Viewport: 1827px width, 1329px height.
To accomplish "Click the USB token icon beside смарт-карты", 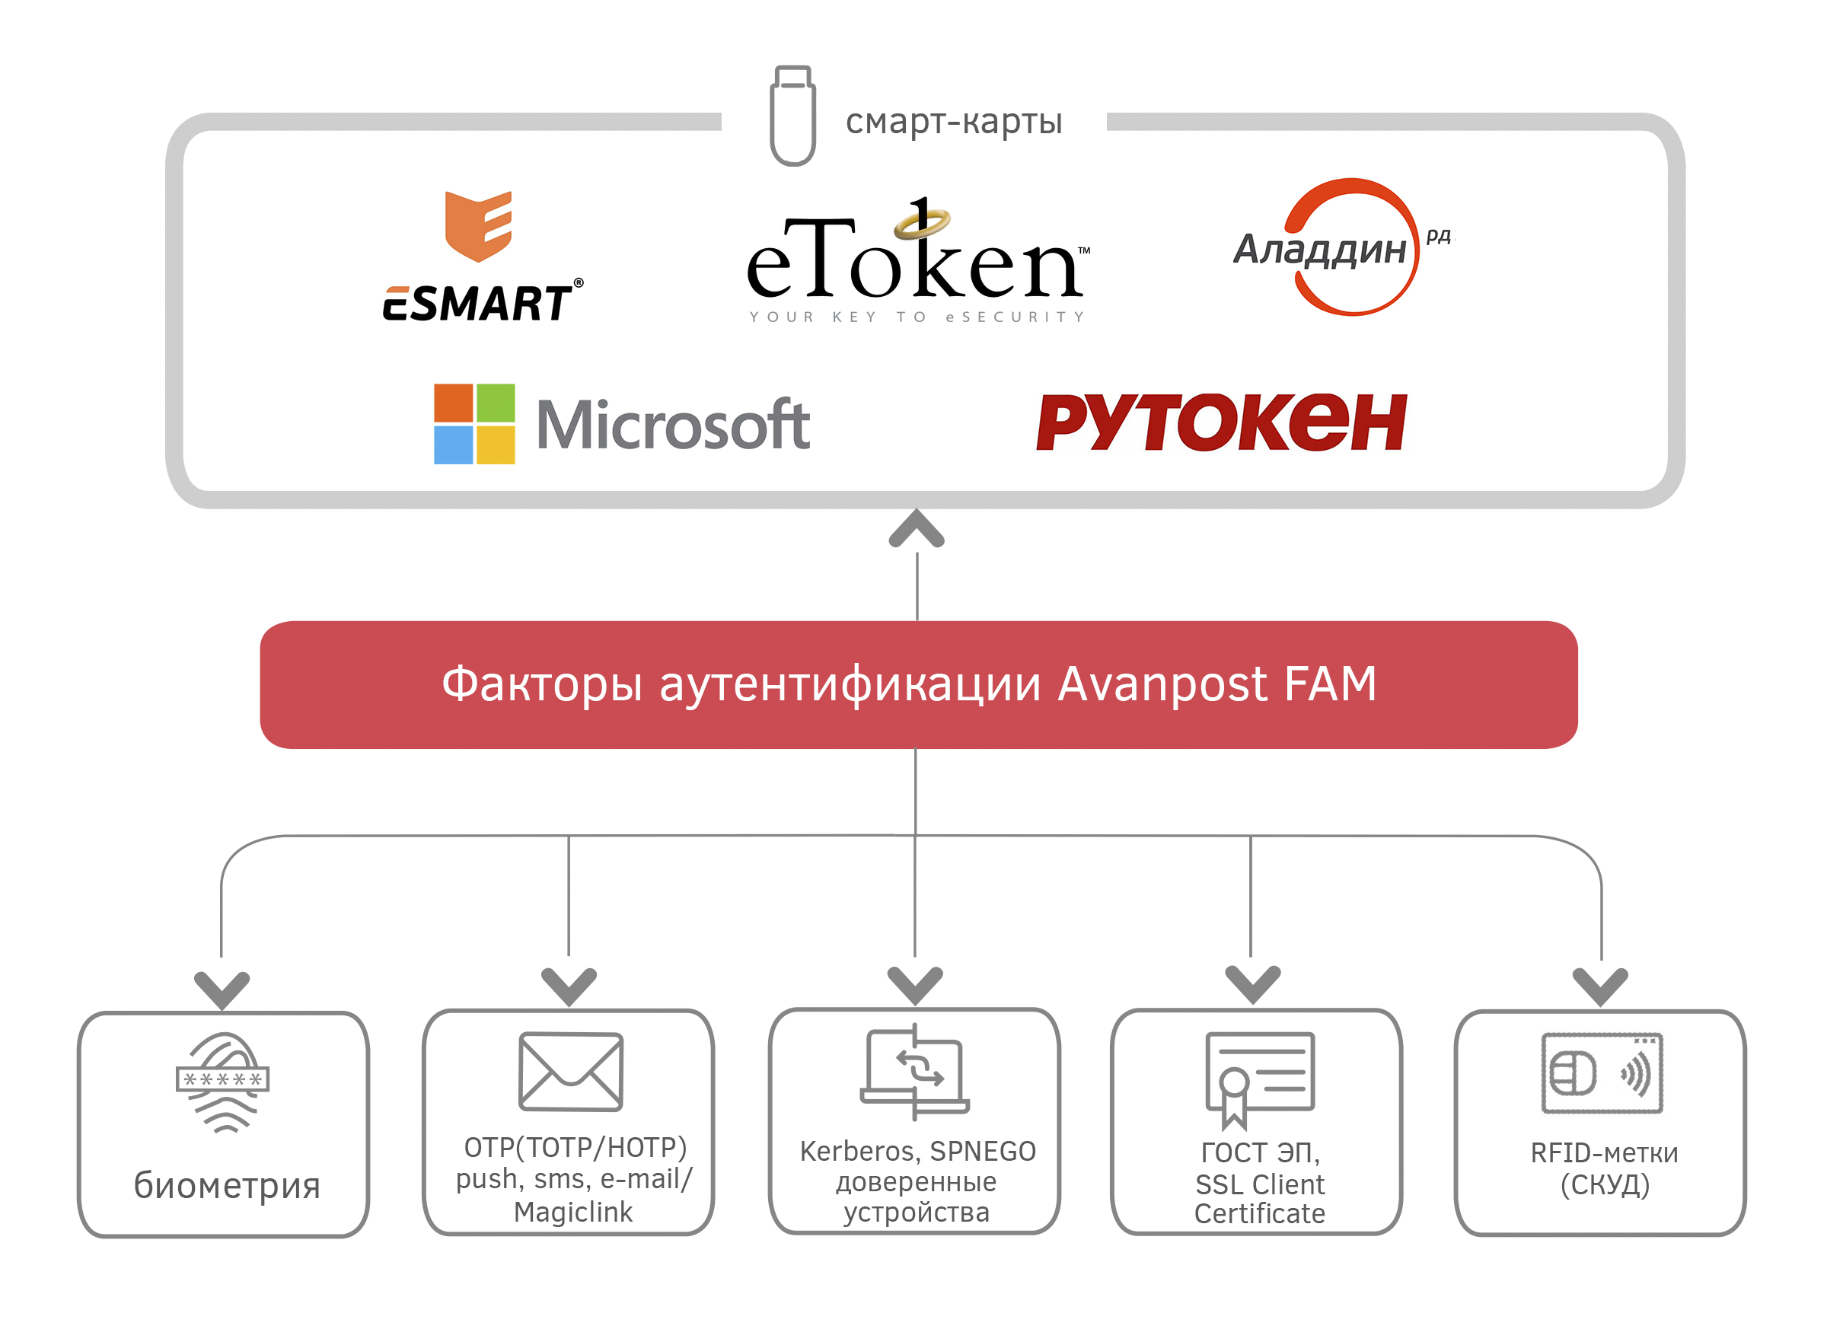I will pyautogui.click(x=792, y=116).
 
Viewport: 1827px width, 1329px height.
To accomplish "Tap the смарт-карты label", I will pyautogui.click(x=954, y=122).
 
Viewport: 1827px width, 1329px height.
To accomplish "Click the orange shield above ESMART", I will pyautogui.click(x=479, y=226).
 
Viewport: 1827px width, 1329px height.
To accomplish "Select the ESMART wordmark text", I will pyautogui.click(x=479, y=304).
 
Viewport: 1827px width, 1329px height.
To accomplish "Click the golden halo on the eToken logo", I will pyautogui.click(x=923, y=223).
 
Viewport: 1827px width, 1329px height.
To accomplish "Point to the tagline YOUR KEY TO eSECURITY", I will pyautogui.click(x=917, y=317).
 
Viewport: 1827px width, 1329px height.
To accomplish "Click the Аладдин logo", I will pyautogui.click(x=1341, y=247).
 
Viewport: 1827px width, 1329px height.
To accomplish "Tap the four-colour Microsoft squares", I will pyautogui.click(x=473, y=424).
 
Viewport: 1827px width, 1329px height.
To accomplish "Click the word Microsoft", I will pyautogui.click(x=673, y=425).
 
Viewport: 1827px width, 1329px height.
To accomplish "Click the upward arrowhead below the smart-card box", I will pyautogui.click(x=917, y=530).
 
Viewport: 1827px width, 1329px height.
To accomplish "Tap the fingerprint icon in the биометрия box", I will pyautogui.click(x=223, y=1082).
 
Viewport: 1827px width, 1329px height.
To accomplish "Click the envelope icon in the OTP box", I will pyautogui.click(x=570, y=1071).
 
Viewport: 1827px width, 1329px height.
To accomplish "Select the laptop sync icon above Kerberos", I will pyautogui.click(x=915, y=1071).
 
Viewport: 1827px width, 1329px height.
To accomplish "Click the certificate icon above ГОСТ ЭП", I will pyautogui.click(x=1259, y=1078).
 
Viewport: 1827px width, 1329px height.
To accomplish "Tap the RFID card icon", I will pyautogui.click(x=1602, y=1074).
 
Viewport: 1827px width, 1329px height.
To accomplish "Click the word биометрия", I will pyautogui.click(x=227, y=1186).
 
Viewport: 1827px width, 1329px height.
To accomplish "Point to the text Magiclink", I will pyautogui.click(x=572, y=1213).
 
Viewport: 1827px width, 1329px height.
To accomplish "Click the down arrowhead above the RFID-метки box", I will pyautogui.click(x=1600, y=986).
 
